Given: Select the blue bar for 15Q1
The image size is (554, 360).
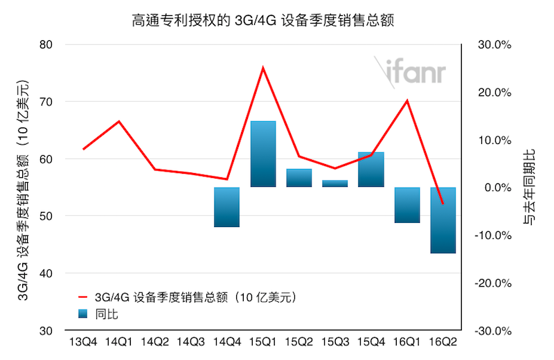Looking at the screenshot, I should (263, 154).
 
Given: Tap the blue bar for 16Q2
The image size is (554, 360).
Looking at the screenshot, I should (443, 220).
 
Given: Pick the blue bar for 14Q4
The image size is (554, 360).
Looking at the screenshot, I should (226, 207).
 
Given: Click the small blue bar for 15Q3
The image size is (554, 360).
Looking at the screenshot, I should (334, 183).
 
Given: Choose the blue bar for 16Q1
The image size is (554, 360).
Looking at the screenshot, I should (407, 205).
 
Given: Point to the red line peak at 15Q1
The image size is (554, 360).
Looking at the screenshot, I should (263, 67).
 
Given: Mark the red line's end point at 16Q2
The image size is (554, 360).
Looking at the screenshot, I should (443, 204).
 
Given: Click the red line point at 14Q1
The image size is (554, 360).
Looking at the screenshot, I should (120, 121).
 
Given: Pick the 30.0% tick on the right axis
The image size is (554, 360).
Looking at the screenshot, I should (494, 45).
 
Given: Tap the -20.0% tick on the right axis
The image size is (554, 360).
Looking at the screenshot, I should (493, 283).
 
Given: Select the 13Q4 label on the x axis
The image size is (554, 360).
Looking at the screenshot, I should (84, 341).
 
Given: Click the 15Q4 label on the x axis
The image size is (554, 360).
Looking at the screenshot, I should (370, 341).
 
